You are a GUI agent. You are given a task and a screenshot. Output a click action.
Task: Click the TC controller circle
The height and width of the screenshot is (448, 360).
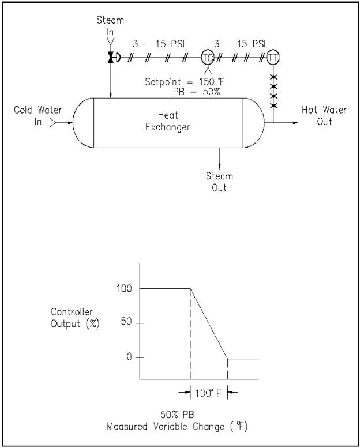[x=207, y=57]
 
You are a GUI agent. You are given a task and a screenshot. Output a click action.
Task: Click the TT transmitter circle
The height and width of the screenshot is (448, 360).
[x=273, y=57]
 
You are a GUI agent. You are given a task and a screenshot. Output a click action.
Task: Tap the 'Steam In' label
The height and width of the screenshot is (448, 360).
[x=110, y=26]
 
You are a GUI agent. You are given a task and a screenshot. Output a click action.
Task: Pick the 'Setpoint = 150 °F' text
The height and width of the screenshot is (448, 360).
[x=180, y=81]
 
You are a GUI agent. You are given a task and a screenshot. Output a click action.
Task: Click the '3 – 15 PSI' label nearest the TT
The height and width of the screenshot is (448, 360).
[x=240, y=43]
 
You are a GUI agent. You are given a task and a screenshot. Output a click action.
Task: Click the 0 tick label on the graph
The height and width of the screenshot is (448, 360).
[x=129, y=357]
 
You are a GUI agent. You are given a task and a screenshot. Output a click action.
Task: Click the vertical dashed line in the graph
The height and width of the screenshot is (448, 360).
[x=190, y=334]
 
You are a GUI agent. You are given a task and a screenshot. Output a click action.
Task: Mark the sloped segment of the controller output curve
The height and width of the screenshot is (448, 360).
[x=209, y=323]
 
